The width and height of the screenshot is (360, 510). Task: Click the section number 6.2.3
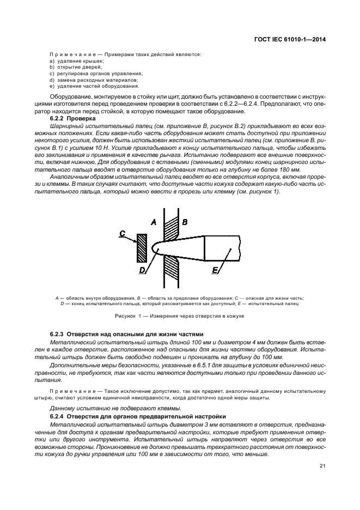[58, 333]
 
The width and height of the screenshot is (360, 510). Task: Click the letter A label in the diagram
[154, 222]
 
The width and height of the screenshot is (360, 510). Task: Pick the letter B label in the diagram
[185, 222]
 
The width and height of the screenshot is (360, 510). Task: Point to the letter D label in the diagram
[142, 269]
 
